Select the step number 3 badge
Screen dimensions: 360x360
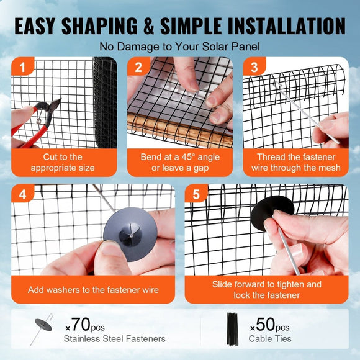click(x=253, y=68)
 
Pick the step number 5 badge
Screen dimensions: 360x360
click(x=196, y=195)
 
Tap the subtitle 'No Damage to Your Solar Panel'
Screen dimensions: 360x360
click(x=179, y=47)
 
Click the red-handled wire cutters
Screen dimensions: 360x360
click(x=31, y=121)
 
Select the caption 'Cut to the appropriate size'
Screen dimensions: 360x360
click(x=63, y=162)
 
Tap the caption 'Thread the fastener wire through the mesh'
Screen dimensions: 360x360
click(x=295, y=162)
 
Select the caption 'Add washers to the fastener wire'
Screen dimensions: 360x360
click(x=93, y=289)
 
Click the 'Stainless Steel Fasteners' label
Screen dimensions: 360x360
click(x=114, y=339)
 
